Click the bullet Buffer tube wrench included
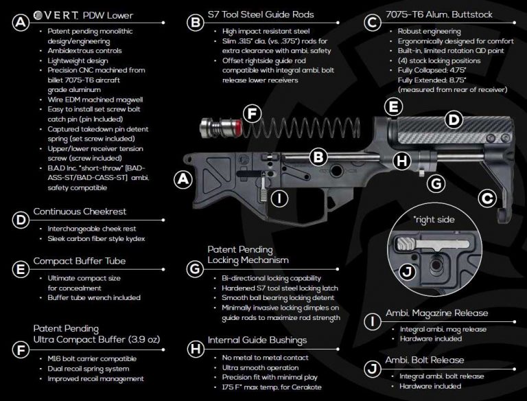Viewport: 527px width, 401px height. point(95,297)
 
